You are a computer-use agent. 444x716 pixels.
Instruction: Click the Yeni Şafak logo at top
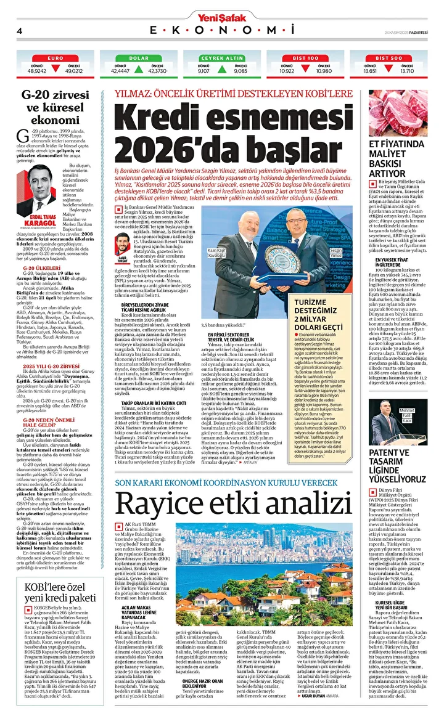(221, 17)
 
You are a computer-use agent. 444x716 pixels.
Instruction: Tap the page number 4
(19, 31)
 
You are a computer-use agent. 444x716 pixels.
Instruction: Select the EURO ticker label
(54, 57)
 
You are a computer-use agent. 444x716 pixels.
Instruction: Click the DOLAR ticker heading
(139, 57)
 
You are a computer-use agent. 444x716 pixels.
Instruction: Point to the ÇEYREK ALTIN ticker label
(222, 57)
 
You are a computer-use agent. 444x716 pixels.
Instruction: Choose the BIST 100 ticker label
(305, 57)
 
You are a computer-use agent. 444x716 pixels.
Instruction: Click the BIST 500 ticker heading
(388, 57)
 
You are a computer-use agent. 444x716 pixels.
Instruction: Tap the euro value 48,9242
(37, 71)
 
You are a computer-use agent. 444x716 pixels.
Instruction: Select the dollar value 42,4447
(120, 71)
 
